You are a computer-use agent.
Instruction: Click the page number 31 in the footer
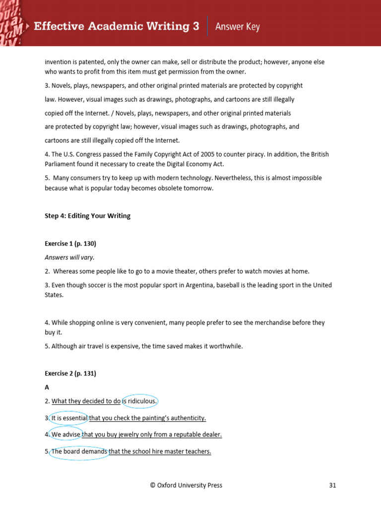pyautogui.click(x=332, y=485)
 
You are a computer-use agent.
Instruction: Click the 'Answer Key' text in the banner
pyautogui.click(x=237, y=27)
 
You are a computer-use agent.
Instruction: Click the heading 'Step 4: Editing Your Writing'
pyautogui.click(x=87, y=216)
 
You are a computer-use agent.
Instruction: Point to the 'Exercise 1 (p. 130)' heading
pyautogui.click(x=70, y=244)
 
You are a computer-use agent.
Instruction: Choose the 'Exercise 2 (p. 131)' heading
pyautogui.click(x=70, y=374)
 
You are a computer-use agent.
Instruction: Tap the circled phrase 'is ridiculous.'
pyautogui.click(x=140, y=401)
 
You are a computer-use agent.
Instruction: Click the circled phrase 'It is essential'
pyautogui.click(x=69, y=418)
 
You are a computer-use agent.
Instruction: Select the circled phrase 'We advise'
pyautogui.click(x=65, y=435)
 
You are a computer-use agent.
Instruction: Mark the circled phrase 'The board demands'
pyautogui.click(x=79, y=451)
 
